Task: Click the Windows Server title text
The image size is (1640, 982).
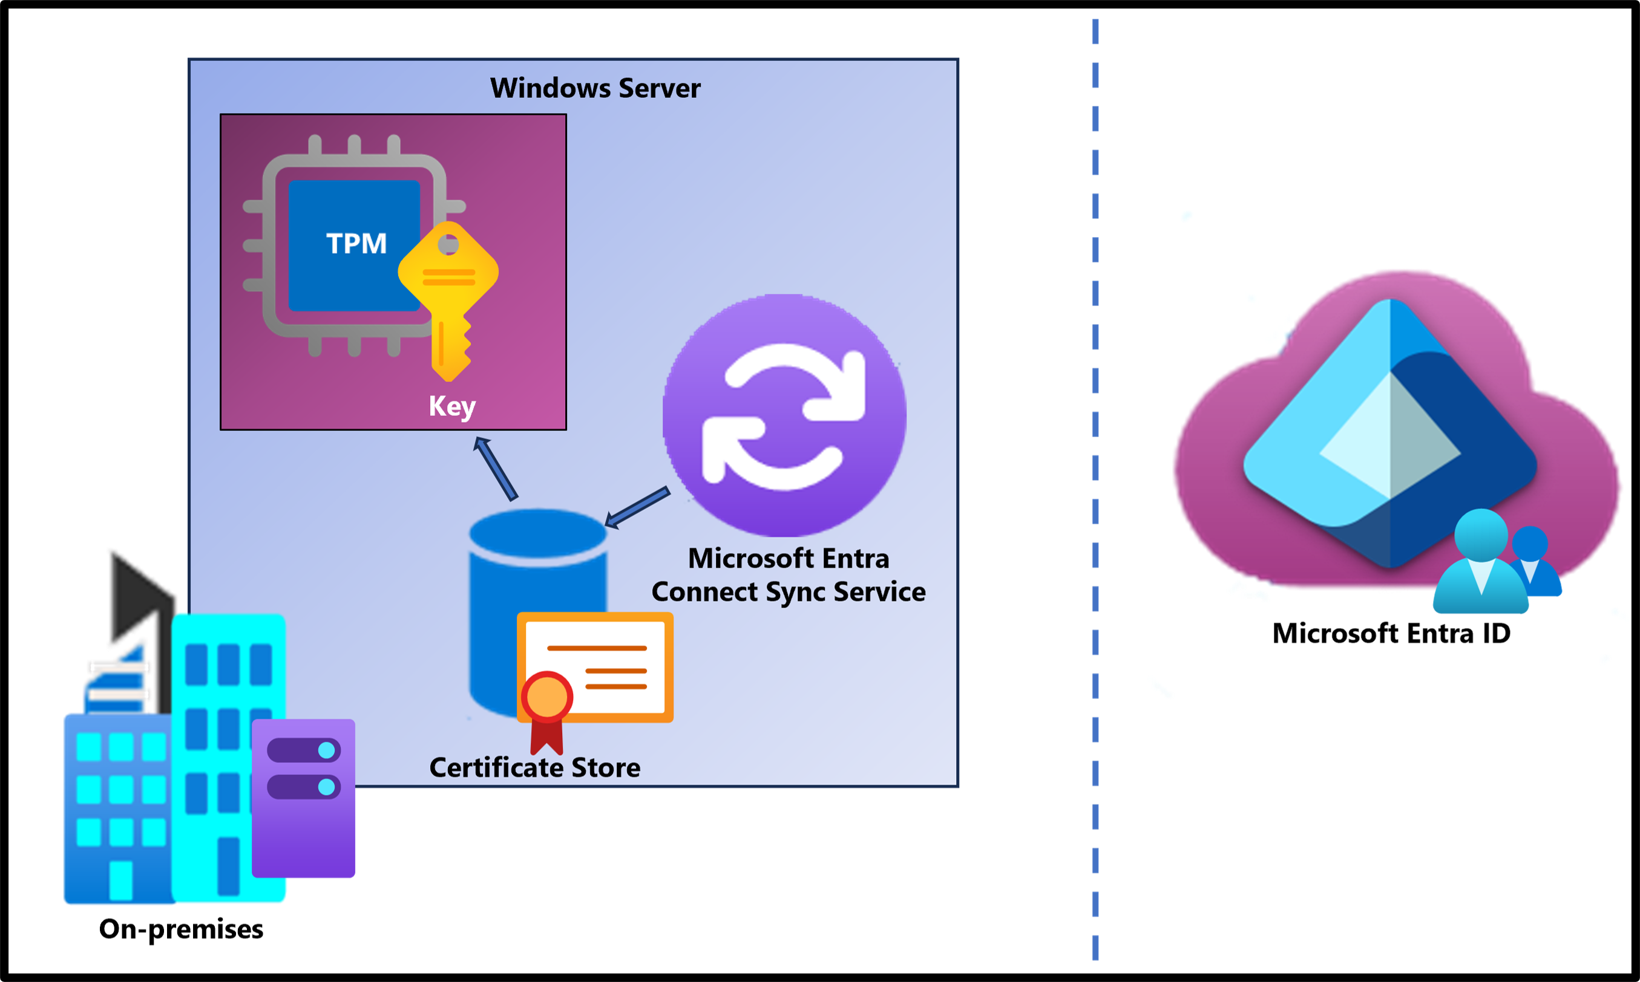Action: coord(594,88)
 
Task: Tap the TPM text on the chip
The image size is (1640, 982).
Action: coord(356,244)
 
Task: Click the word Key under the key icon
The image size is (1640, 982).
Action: coord(451,406)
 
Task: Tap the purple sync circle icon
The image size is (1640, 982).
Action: coord(784,415)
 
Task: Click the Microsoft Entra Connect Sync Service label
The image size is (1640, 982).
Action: coord(788,575)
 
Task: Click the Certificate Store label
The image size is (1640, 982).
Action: coord(534,767)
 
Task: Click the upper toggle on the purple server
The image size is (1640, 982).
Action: coord(304,750)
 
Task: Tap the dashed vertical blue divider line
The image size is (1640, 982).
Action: coord(1096,490)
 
